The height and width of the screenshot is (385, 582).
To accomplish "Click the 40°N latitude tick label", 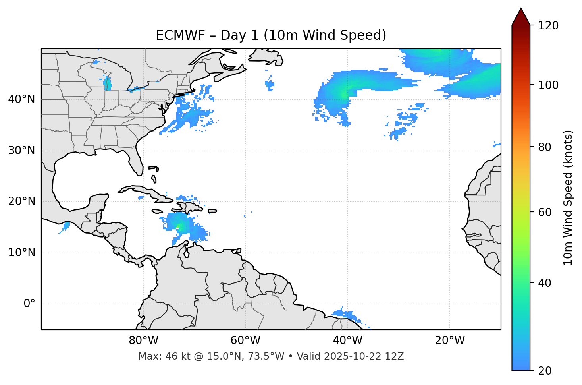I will pyautogui.click(x=21, y=99).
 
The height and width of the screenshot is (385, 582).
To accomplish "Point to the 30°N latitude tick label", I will pyautogui.click(x=21, y=151).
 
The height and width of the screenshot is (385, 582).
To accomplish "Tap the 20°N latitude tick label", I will pyautogui.click(x=21, y=202).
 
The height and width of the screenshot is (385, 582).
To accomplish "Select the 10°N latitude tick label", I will pyautogui.click(x=21, y=253).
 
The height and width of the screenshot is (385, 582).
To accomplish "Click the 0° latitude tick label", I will pyautogui.click(x=29, y=304).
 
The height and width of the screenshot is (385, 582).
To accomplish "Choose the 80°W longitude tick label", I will pyautogui.click(x=143, y=341).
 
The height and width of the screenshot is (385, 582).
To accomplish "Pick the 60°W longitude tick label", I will pyautogui.click(x=245, y=341).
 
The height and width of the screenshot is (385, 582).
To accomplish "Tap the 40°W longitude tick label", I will pyautogui.click(x=347, y=341).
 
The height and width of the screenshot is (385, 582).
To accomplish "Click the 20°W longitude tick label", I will pyautogui.click(x=450, y=341).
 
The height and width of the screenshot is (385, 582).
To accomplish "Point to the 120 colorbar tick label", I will pyautogui.click(x=548, y=26).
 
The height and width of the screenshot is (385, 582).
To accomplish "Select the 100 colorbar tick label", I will pyautogui.click(x=548, y=85).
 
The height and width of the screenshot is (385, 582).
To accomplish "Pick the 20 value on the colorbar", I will pyautogui.click(x=544, y=371).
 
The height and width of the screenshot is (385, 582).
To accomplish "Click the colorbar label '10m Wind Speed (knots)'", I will pyautogui.click(x=568, y=198).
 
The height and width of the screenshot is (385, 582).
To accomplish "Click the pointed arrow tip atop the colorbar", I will pyautogui.click(x=521, y=10).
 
